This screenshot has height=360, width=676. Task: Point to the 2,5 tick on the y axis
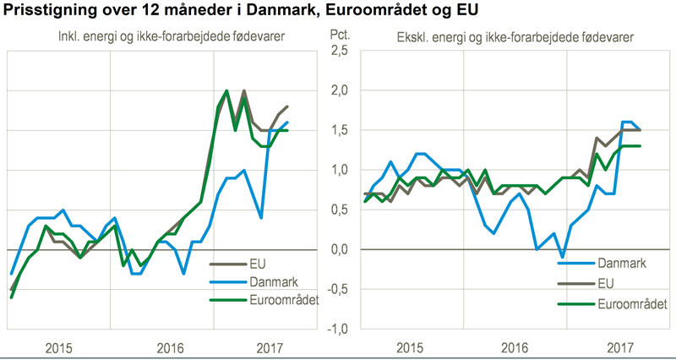[x=339, y=52]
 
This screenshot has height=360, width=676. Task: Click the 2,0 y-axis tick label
[x=339, y=91]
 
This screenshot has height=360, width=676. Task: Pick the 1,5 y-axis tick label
[x=339, y=130]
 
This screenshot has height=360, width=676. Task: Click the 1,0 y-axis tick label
[x=339, y=170]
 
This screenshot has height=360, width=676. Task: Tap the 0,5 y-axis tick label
[x=339, y=210]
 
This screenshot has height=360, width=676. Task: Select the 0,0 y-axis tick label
[x=339, y=249]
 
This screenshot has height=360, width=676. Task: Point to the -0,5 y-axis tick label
[x=337, y=289]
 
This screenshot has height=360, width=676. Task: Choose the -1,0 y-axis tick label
[x=337, y=329]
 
